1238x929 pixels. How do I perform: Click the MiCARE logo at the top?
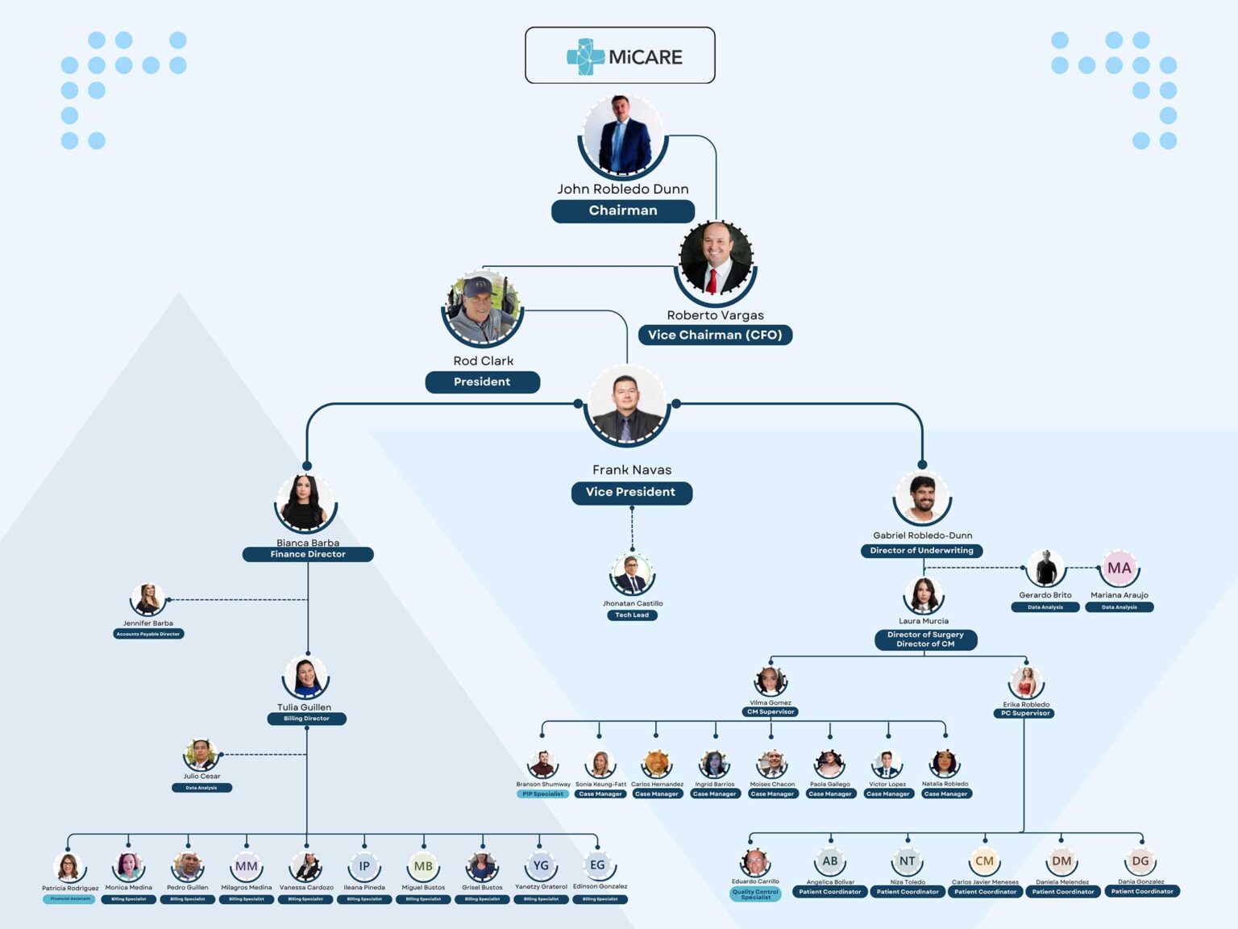(620, 56)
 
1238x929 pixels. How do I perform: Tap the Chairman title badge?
(623, 210)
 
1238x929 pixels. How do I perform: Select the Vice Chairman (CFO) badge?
(715, 335)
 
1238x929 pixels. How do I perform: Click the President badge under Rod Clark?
(482, 381)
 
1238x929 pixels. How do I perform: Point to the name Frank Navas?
(632, 469)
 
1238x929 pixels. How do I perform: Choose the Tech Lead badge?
(632, 615)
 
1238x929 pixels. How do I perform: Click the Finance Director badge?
(308, 554)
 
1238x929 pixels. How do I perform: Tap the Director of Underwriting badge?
(921, 551)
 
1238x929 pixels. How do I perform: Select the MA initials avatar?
(1119, 568)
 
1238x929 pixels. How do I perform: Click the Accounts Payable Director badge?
(148, 634)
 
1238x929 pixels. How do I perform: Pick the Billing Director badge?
(306, 719)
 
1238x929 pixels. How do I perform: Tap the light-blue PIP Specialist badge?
(542, 794)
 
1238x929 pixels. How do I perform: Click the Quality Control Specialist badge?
(755, 894)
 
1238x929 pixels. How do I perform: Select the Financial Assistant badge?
(70, 898)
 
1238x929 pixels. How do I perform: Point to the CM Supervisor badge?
(771, 712)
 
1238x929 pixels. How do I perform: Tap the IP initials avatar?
(364, 866)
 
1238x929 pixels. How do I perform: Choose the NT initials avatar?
(908, 861)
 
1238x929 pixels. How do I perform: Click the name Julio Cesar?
(201, 777)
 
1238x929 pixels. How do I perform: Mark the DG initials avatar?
(1140, 861)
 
